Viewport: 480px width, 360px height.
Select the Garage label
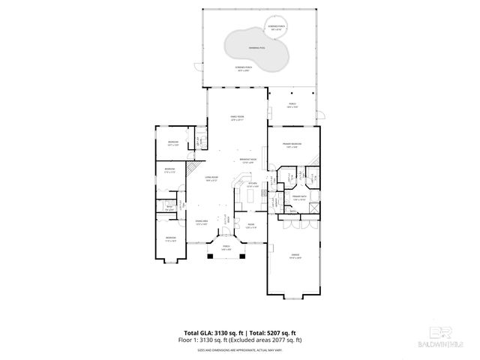[x=292, y=256]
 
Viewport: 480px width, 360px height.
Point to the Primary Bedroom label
[x=292, y=145]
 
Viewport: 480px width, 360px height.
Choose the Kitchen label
[x=253, y=184]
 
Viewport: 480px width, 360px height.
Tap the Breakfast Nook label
[x=248, y=160]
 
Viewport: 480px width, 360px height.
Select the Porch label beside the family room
[x=292, y=105]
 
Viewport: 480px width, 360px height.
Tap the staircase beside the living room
[x=193, y=166]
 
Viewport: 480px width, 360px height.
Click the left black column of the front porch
[x=211, y=256]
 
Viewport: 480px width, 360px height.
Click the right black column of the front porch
[x=241, y=256]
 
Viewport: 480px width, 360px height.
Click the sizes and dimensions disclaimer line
[x=239, y=349]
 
